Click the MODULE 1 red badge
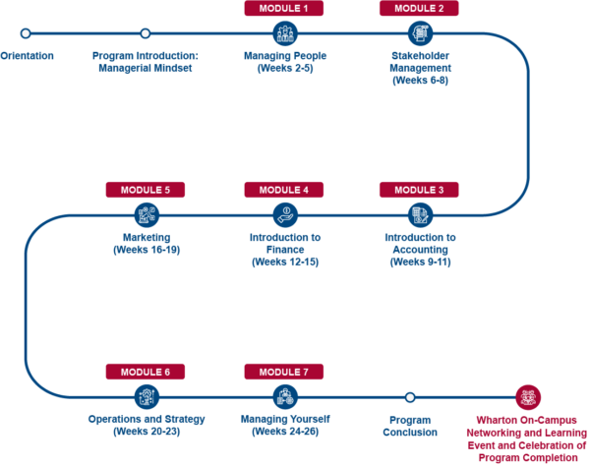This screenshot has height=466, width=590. click(284, 9)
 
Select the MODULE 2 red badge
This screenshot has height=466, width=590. click(419, 9)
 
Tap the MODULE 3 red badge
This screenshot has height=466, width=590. click(419, 190)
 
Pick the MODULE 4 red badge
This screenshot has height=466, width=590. click(284, 190)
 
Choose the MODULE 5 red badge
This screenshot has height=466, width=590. click(147, 190)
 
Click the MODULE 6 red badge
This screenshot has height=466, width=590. click(147, 372)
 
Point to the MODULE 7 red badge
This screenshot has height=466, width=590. click(284, 372)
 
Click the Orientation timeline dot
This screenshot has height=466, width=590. click(26, 33)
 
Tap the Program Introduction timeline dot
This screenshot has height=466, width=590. click(146, 33)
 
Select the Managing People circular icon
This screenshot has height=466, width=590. click(284, 33)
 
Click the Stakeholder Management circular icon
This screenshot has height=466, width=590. click(420, 33)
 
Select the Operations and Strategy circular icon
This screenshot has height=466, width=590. click(147, 397)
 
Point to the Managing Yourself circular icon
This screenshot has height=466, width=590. click(284, 397)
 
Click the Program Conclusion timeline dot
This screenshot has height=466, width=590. click(410, 397)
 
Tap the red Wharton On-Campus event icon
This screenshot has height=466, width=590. click(528, 397)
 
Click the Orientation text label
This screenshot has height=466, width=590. click(27, 56)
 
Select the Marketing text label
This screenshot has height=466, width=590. click(147, 237)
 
